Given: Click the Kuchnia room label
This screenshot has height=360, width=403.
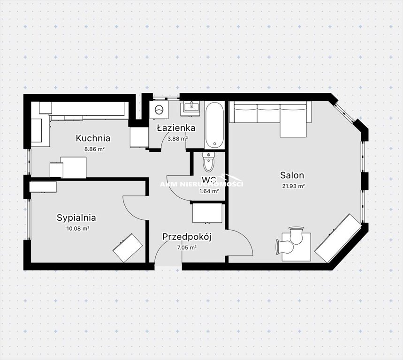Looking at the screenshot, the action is point(93,138).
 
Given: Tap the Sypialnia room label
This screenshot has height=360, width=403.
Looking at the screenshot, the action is point(76,218).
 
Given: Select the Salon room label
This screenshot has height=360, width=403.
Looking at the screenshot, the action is point(292,175).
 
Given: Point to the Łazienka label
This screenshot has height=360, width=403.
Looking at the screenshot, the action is point(176,127).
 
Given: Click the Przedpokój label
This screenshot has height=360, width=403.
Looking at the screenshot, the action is point(187,237).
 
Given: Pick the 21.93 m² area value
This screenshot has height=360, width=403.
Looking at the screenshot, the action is point(294,187).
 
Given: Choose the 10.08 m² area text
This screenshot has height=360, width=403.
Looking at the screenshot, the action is point(77,229).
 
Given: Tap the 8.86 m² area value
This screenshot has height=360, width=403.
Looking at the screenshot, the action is point(94,149).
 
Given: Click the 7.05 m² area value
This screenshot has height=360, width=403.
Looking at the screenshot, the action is point(187,247).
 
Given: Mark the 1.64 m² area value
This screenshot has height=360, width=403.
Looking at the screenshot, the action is point(209,191).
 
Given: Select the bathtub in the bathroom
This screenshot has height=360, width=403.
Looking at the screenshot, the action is point(214,125).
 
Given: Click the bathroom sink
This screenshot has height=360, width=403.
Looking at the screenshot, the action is point(191,107).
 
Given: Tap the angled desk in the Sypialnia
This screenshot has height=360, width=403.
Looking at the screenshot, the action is point(128,248).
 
